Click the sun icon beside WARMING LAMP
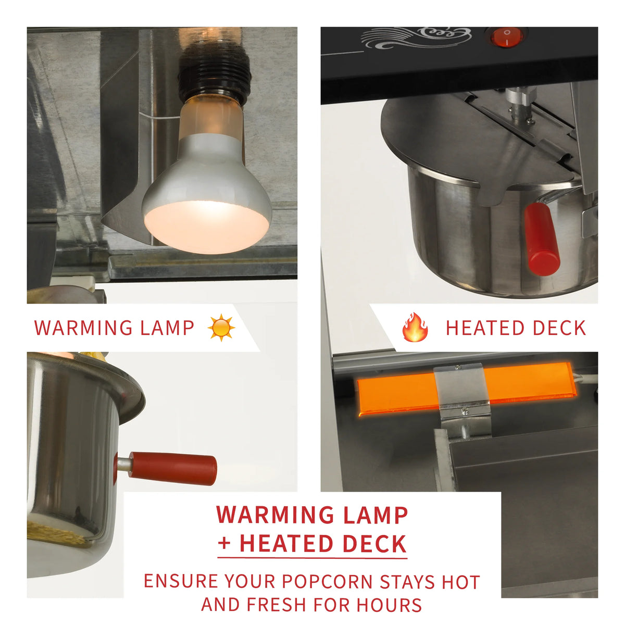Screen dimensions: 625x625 (x=221, y=328)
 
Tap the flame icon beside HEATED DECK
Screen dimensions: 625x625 (x=415, y=327)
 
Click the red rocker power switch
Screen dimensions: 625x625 (x=506, y=37)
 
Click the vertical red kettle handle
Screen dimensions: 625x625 (x=541, y=239)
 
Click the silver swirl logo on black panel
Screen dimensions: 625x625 (x=416, y=38)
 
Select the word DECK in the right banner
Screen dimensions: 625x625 (x=559, y=328)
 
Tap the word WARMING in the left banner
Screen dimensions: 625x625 (x=83, y=328)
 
